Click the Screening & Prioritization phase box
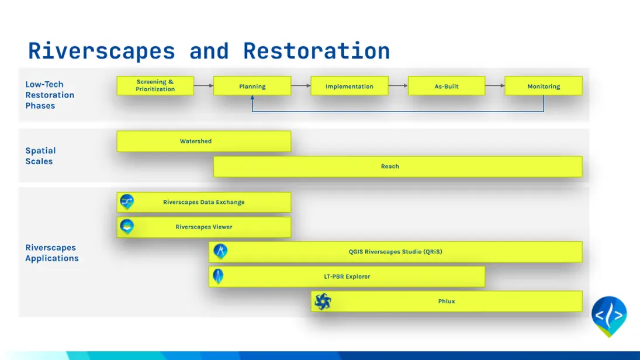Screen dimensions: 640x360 155,86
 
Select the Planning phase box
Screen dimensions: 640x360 252,86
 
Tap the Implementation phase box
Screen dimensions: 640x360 350,86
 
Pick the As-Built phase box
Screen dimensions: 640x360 447,86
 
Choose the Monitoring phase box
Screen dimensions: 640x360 544,86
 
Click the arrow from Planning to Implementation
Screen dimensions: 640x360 301,86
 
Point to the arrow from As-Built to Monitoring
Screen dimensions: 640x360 495,86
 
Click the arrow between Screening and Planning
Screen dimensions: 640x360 203,86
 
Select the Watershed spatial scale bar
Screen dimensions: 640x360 203,141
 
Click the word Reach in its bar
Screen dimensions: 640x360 390,167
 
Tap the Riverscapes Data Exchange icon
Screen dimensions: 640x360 127,202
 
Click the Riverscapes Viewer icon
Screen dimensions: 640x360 127,227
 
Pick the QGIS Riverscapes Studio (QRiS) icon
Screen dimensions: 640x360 220,251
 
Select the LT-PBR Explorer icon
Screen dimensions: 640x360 219,276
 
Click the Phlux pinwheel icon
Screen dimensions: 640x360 323,301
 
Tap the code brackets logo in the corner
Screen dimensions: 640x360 609,316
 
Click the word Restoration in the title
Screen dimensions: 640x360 316,51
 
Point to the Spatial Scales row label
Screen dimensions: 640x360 40,156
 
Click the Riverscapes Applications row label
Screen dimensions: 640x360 52,252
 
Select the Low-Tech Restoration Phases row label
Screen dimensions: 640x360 50,95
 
